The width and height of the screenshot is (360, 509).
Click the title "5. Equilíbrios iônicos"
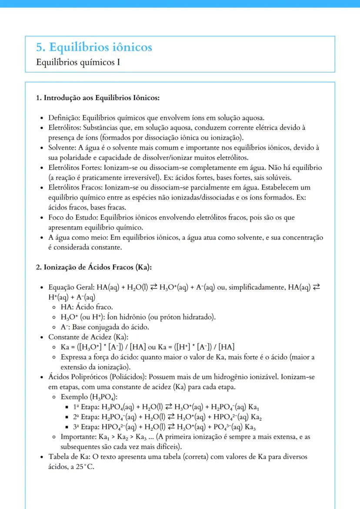[x=94, y=47]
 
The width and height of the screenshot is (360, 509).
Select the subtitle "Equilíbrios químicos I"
[x=78, y=62]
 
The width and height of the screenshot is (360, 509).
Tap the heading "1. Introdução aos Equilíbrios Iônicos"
[x=97, y=98]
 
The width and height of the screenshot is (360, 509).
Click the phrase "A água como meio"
[x=76, y=237]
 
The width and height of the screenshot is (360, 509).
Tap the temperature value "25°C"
[x=85, y=467]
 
